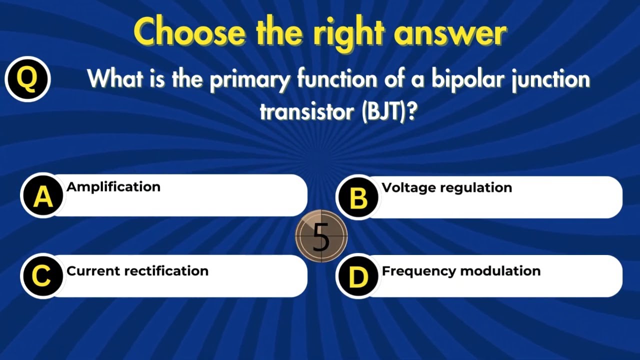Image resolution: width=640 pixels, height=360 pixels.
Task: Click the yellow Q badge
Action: pyautogui.click(x=27, y=79)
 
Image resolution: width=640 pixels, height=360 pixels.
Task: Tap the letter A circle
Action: pyautogui.click(x=42, y=196)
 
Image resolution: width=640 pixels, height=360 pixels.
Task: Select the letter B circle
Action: pyautogui.click(x=358, y=198)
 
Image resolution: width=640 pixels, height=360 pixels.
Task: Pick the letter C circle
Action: pyautogui.click(x=41, y=276)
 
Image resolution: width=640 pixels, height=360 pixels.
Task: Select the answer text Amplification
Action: pyautogui.click(x=113, y=187)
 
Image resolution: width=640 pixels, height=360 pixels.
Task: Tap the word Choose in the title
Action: pyautogui.click(x=190, y=33)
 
